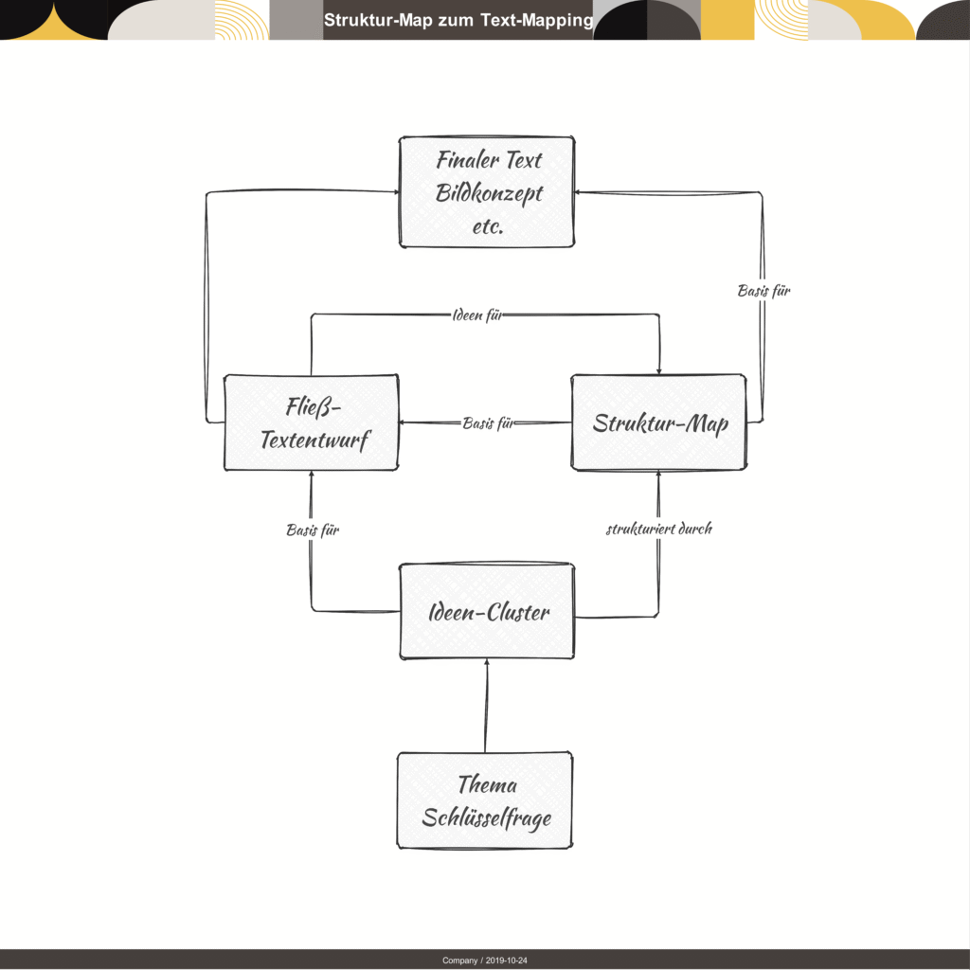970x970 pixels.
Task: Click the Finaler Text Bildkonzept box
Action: coord(487,191)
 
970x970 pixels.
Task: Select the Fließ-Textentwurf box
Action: coord(311,422)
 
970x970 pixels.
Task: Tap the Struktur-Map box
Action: coord(659,422)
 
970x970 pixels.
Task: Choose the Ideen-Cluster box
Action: coord(487,611)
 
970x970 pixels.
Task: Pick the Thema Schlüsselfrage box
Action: coord(485,800)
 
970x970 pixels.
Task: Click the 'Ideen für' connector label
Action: coord(477,314)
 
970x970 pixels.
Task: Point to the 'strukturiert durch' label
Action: coord(659,529)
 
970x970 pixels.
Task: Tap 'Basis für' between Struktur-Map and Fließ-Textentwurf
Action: coord(488,423)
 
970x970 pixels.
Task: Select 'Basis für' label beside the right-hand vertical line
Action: coord(764,290)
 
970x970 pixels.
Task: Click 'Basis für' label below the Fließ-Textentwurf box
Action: coord(313,530)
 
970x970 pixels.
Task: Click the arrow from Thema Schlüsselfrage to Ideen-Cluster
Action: coord(486,706)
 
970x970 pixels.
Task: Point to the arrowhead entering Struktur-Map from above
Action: coord(659,370)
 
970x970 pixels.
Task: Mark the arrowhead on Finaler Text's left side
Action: coord(396,191)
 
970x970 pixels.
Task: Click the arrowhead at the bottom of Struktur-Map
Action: coord(658,475)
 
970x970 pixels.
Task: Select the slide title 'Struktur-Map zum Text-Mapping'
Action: coord(458,20)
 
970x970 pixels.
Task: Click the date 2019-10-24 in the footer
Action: coord(506,961)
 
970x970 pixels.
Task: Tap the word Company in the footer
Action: coord(459,961)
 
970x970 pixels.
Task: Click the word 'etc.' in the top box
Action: coord(488,226)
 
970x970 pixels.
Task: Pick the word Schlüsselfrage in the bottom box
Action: coord(486,817)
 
